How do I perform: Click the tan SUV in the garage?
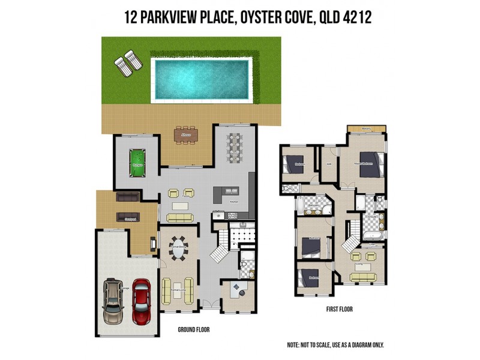[x=113, y=301]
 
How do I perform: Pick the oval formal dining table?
[x=178, y=250]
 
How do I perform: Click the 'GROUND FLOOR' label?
[x=194, y=329]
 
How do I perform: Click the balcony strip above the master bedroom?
[x=367, y=128]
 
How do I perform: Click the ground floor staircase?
[x=220, y=245]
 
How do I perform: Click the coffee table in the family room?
[x=181, y=206]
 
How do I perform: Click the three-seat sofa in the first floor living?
[x=363, y=277]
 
